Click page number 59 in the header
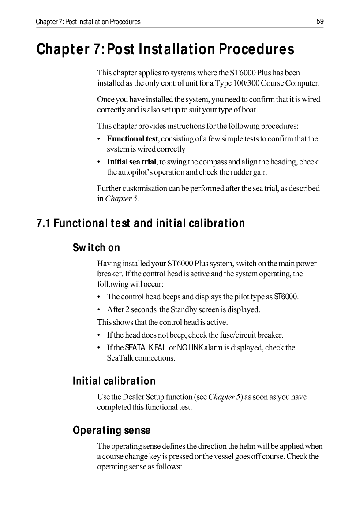(320, 21)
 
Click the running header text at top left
(88, 22)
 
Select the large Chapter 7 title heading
(165, 49)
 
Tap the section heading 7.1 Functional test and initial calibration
(140, 223)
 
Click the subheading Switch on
(96, 248)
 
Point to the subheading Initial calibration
(114, 380)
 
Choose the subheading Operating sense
(111, 430)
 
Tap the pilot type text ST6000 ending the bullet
(286, 297)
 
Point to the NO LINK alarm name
(190, 348)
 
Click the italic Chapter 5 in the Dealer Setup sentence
(224, 397)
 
